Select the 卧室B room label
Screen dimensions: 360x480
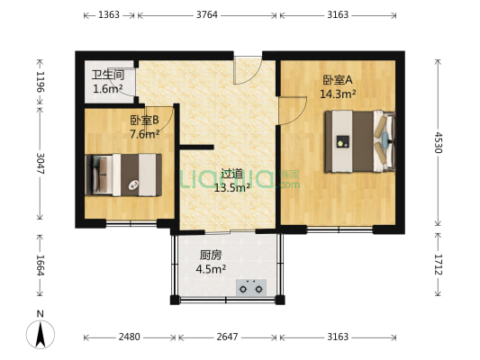[x=144, y=120]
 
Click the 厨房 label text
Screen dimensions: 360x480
[x=211, y=254]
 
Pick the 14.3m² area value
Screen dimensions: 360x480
[x=340, y=93]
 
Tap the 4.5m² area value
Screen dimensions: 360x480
[x=211, y=267]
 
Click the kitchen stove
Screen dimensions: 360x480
[x=251, y=288]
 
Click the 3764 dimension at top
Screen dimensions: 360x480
[x=210, y=15]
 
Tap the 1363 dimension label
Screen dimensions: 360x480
[x=110, y=15]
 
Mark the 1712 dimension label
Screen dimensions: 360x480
[x=439, y=265]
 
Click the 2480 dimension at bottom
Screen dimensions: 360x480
[x=129, y=337]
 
